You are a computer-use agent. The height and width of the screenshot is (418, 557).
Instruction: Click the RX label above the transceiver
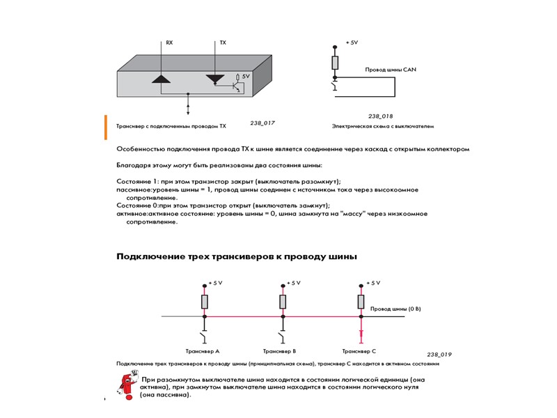(169, 43)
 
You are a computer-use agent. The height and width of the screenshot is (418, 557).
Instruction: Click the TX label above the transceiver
(223, 43)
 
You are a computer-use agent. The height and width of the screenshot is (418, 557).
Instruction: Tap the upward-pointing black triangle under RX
(161, 79)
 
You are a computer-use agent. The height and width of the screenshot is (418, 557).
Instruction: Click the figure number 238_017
(262, 123)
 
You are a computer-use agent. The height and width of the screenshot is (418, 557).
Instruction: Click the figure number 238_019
(439, 354)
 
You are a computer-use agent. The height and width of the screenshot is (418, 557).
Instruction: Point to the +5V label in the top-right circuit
(352, 43)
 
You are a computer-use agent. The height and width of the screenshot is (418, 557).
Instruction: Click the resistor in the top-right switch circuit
(336, 63)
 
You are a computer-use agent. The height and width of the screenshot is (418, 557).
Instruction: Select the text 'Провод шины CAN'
(391, 70)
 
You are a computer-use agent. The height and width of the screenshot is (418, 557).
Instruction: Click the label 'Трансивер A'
(203, 351)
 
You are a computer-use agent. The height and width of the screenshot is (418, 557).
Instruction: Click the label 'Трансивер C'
(359, 351)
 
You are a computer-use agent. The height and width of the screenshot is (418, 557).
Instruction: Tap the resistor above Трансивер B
(283, 302)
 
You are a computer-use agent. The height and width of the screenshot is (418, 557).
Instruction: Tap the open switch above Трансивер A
(204, 337)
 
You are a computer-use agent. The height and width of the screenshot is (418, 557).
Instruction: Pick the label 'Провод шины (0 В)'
(395, 308)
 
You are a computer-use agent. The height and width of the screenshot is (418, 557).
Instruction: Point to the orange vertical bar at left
(106, 127)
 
